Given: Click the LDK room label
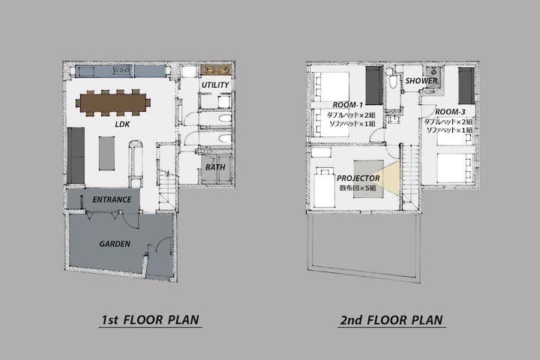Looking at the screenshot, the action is (122, 124).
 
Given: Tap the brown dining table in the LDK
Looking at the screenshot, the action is (113, 103).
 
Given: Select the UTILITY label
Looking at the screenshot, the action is (215, 85).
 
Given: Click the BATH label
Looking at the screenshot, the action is (215, 167).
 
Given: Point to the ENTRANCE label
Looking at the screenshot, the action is (112, 199).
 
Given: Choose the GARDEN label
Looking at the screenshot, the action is (115, 244).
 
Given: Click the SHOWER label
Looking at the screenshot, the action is (421, 80).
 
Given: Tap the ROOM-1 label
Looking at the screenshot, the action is (348, 105).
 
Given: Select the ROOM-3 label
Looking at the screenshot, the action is (450, 112).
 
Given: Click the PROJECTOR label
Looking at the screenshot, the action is (358, 178).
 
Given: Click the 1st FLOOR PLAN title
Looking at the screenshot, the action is (150, 319).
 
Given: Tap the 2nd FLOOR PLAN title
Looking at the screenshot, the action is (391, 319).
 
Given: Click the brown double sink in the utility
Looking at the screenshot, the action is (216, 70).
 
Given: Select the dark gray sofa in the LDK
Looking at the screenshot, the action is (76, 155).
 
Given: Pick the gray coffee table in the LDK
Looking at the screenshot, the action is (106, 153).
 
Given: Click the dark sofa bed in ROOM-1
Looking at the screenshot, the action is (374, 85).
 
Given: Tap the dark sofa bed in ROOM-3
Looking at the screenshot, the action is (466, 85).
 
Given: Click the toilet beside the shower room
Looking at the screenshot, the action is (393, 81).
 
